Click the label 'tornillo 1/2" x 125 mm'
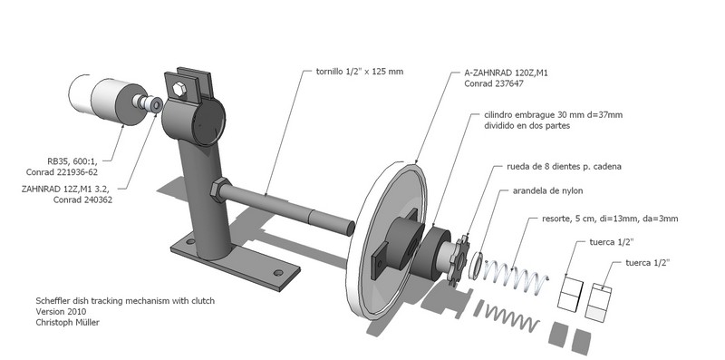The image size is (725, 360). [x=359, y=72]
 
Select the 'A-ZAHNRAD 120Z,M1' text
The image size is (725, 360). [x=506, y=73]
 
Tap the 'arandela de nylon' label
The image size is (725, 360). [x=547, y=190]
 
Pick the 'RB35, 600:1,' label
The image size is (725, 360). [x=72, y=161]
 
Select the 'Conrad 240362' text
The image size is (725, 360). [x=82, y=199]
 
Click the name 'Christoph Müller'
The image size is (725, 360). [x=67, y=323]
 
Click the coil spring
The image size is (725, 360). [x=516, y=275]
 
